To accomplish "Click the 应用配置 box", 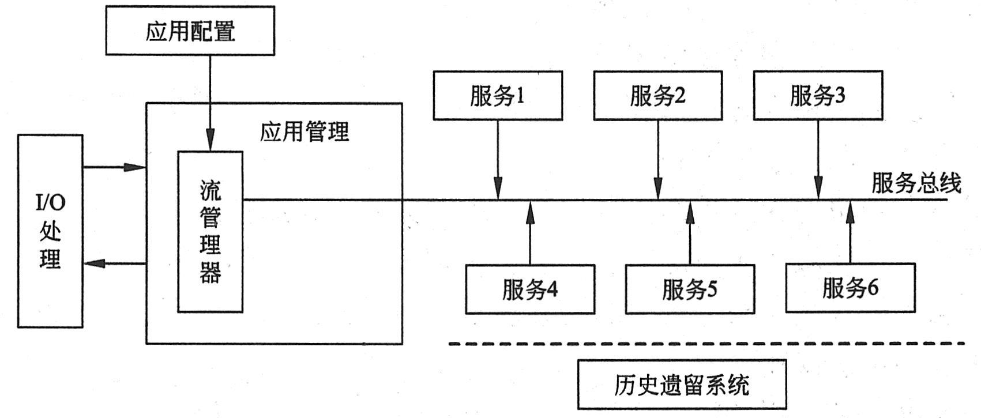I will [190, 31].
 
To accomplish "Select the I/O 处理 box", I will [50, 231].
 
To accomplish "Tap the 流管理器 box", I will [210, 232].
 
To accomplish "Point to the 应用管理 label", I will [304, 132].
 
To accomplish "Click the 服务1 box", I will [498, 96].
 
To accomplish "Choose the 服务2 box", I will [657, 96].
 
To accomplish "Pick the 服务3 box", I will [818, 96].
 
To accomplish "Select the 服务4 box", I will [530, 289].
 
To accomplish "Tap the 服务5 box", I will [690, 289].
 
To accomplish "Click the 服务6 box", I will [850, 289].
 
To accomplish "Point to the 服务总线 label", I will [916, 183].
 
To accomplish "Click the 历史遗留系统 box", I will [682, 385].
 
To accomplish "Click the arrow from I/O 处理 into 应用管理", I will [114, 168].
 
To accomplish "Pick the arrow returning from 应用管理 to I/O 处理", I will [114, 263].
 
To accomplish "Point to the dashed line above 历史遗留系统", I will [706, 344].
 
